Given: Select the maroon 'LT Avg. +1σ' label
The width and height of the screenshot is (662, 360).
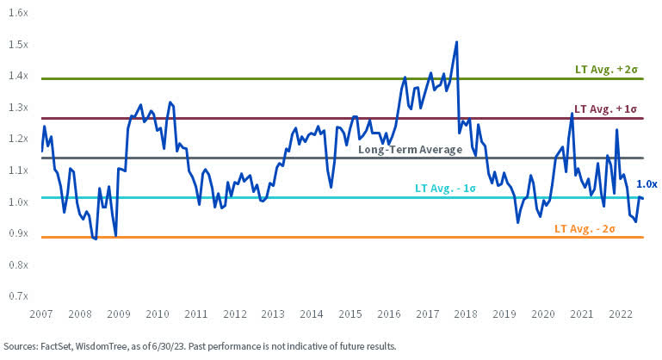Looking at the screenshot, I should (606, 109).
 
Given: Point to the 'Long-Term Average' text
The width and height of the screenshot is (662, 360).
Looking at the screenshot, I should (410, 149).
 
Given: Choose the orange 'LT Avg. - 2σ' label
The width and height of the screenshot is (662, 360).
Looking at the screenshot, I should (586, 228).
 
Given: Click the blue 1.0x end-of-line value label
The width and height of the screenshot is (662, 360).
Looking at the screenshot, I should (647, 183).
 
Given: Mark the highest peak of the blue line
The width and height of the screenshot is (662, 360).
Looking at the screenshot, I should (456, 41).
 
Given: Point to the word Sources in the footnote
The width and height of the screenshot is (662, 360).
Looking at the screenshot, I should (21, 346).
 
